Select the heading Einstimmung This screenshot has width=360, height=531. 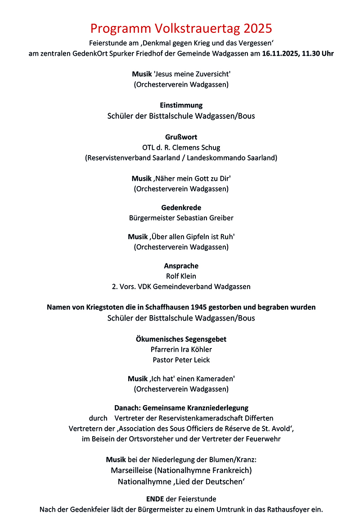point(181,105)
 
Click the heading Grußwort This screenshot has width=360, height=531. point(181,137)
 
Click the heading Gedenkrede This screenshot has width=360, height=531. point(181,207)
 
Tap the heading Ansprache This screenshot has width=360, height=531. point(181,266)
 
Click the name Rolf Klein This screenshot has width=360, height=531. point(181,276)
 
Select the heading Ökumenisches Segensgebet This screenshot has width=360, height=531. point(181,339)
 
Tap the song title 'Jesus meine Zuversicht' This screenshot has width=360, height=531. point(192,74)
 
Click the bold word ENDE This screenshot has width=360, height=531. point(156,499)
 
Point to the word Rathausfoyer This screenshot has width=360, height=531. point(291,510)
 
